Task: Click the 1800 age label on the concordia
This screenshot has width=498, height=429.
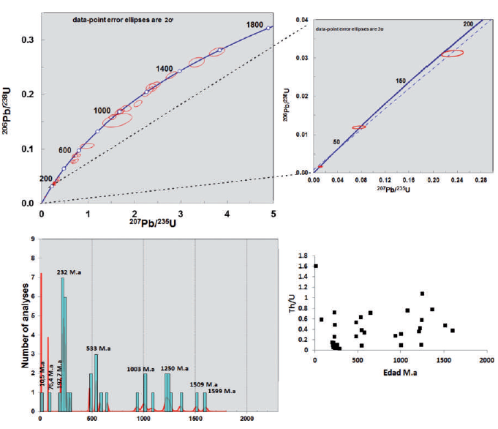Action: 254,24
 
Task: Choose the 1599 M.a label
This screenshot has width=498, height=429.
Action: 223,392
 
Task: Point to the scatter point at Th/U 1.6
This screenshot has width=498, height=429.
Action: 315,266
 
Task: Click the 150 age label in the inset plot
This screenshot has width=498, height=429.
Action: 401,81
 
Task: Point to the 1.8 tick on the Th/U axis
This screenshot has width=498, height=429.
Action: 303,256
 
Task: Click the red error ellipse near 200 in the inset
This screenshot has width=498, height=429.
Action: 452,53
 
